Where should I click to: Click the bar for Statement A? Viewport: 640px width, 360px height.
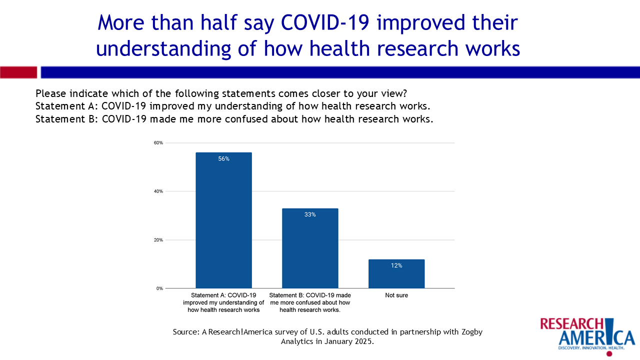click(223, 220)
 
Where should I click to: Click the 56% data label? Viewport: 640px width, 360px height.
click(223, 159)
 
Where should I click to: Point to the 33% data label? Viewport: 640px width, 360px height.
click(310, 214)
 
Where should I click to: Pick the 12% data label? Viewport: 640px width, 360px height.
click(396, 265)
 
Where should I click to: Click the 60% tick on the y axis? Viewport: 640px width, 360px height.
click(158, 143)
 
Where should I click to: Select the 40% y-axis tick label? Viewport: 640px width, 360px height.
click(158, 191)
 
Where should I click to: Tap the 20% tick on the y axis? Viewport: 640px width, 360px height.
click(158, 240)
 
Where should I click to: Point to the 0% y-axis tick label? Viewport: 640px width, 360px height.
click(159, 288)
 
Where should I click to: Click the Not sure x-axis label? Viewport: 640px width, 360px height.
click(396, 295)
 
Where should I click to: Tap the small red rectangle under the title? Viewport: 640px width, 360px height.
click(18, 72)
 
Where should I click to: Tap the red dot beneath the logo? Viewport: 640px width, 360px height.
click(609, 353)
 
